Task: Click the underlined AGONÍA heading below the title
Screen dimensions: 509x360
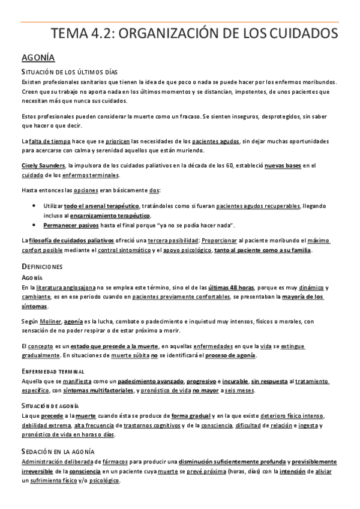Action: [x=38, y=58]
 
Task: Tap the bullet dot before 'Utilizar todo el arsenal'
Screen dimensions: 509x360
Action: [x=33, y=206]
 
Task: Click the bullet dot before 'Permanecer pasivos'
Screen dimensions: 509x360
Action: [x=33, y=226]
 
